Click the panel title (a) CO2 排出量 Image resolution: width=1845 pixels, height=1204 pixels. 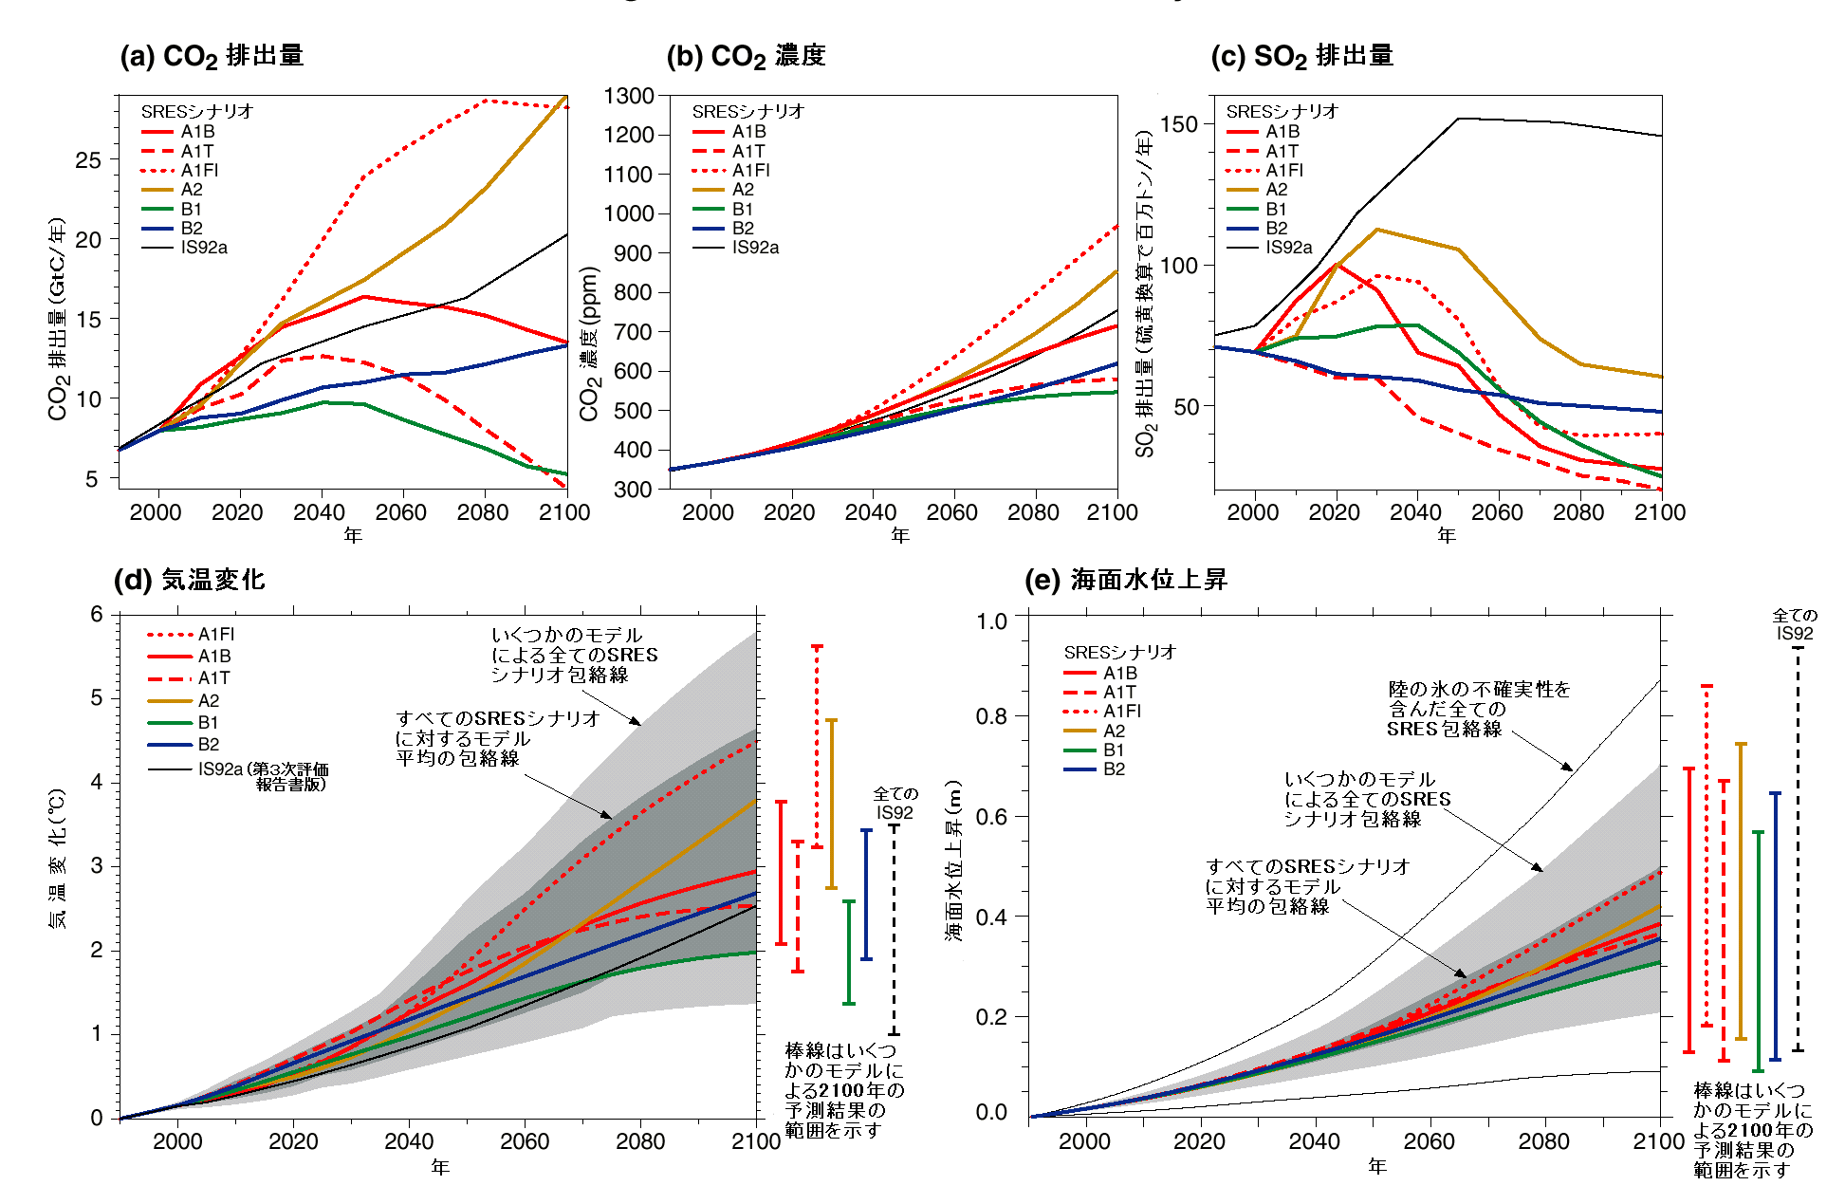point(212,56)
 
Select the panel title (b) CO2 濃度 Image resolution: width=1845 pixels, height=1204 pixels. point(746,56)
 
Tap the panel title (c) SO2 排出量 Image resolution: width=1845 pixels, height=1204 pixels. point(1301,56)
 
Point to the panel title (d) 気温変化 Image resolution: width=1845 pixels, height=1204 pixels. point(189,580)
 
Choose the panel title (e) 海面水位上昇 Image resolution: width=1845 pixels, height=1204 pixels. point(1126,580)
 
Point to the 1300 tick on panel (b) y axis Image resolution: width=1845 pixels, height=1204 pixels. point(629,96)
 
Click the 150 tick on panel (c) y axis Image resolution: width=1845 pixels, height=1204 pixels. point(1178,124)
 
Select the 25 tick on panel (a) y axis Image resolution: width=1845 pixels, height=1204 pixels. point(88,160)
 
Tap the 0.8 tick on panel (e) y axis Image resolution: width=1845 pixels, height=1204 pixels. point(991,716)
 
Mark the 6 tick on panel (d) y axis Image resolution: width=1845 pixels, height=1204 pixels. point(97,614)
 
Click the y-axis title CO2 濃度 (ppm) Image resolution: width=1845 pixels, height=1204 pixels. point(589,343)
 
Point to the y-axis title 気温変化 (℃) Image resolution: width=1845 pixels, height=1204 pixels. point(58,859)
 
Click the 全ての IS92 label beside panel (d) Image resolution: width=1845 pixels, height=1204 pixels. point(895,803)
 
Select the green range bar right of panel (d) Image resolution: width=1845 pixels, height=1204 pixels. point(849,952)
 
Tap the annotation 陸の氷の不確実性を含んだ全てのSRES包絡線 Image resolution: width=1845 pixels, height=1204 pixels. point(1477,709)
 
